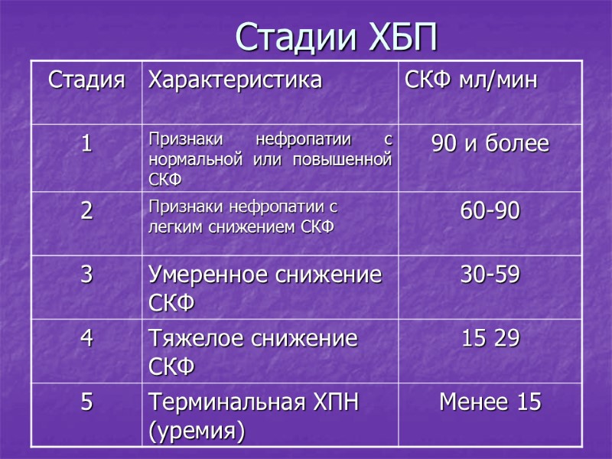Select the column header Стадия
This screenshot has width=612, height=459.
point(86,80)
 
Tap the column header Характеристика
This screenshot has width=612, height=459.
point(235,80)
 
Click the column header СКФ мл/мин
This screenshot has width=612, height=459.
point(470,80)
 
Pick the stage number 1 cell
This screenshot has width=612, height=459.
point(86,143)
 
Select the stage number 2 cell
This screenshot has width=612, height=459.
point(86,211)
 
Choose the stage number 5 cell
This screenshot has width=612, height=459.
point(86,402)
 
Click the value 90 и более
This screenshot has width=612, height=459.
point(490,143)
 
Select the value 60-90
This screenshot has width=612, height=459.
point(490,211)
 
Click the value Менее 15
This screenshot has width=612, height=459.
point(490,402)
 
